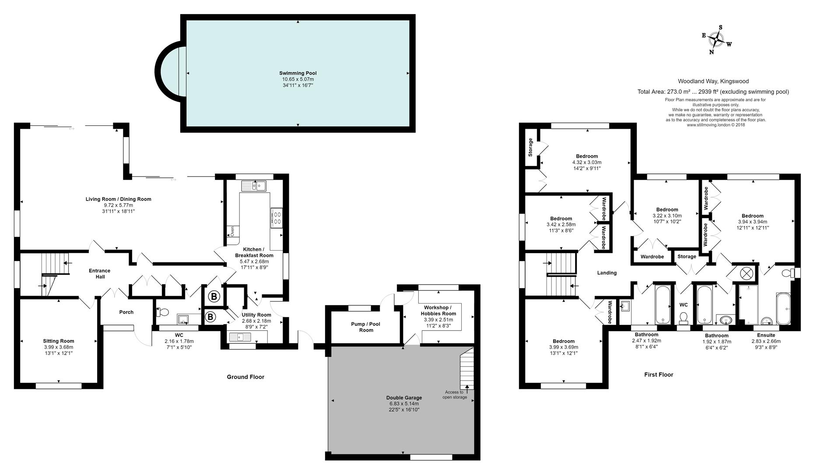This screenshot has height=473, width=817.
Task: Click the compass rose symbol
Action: click(x=716, y=40)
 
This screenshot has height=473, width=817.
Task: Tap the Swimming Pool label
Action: click(x=298, y=73)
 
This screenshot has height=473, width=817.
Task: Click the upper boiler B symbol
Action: click(x=214, y=297)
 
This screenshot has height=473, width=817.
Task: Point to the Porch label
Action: click(x=126, y=312)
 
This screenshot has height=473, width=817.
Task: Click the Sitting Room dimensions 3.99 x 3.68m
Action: click(x=58, y=347)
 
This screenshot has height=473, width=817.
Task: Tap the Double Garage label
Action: click(x=404, y=398)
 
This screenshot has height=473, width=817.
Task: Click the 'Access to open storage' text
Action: click(x=454, y=395)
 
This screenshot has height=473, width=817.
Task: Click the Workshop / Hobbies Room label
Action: click(x=438, y=310)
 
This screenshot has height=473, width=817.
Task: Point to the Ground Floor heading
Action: click(x=245, y=377)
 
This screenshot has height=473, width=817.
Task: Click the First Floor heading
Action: click(x=658, y=374)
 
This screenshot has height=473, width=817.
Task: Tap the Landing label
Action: click(x=607, y=273)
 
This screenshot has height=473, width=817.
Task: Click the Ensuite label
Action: click(x=766, y=335)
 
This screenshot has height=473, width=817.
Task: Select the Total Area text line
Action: click(x=713, y=92)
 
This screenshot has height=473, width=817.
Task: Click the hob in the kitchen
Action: click(x=277, y=218)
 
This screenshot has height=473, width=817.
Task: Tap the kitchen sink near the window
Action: click(x=254, y=186)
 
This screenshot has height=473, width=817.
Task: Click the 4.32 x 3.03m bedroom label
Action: click(x=586, y=156)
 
